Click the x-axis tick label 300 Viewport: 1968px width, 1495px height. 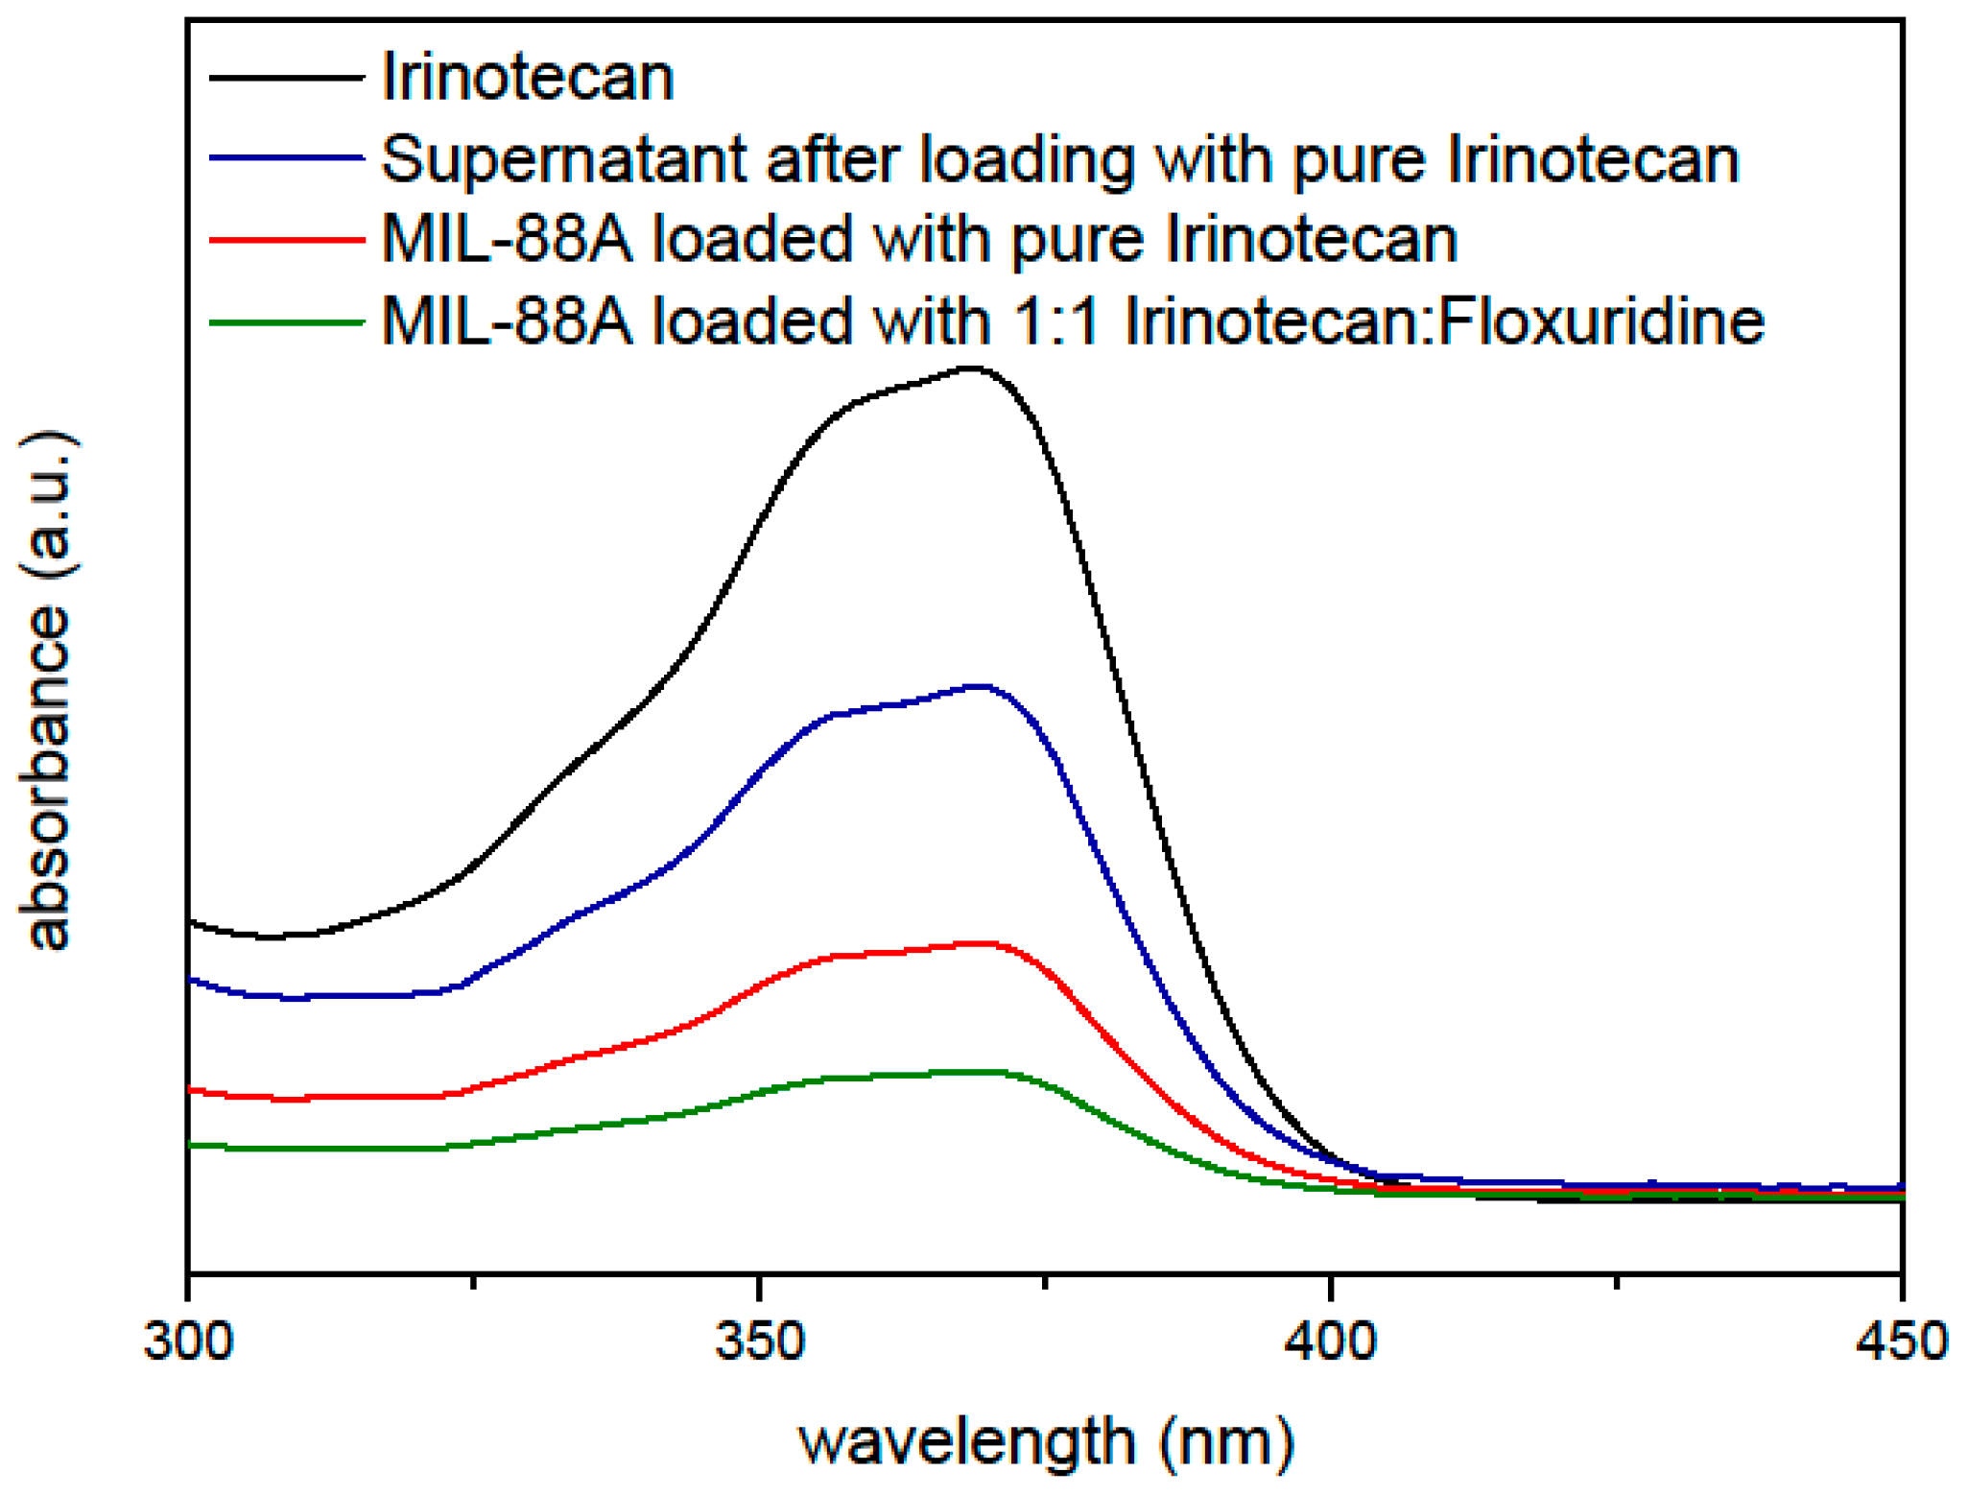[x=188, y=1341]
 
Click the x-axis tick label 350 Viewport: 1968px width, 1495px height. [x=759, y=1341]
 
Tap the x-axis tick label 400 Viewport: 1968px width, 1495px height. [x=1330, y=1341]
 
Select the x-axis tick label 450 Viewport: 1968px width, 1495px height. [x=1901, y=1341]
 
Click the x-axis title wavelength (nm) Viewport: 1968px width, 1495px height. [x=1046, y=1442]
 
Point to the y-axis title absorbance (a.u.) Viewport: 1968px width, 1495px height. [x=48, y=691]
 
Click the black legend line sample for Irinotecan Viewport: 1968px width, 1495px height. [x=286, y=77]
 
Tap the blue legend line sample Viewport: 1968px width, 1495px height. [x=286, y=157]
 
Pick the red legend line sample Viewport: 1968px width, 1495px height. [x=286, y=238]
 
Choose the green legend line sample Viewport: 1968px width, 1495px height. [x=286, y=321]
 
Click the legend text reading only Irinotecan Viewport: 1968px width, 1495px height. [x=528, y=77]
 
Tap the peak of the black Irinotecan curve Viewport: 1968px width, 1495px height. [x=973, y=368]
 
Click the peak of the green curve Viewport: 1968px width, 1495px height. [x=979, y=1072]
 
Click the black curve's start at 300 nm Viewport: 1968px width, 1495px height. [x=191, y=922]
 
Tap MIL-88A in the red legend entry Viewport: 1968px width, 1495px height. [x=507, y=239]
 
